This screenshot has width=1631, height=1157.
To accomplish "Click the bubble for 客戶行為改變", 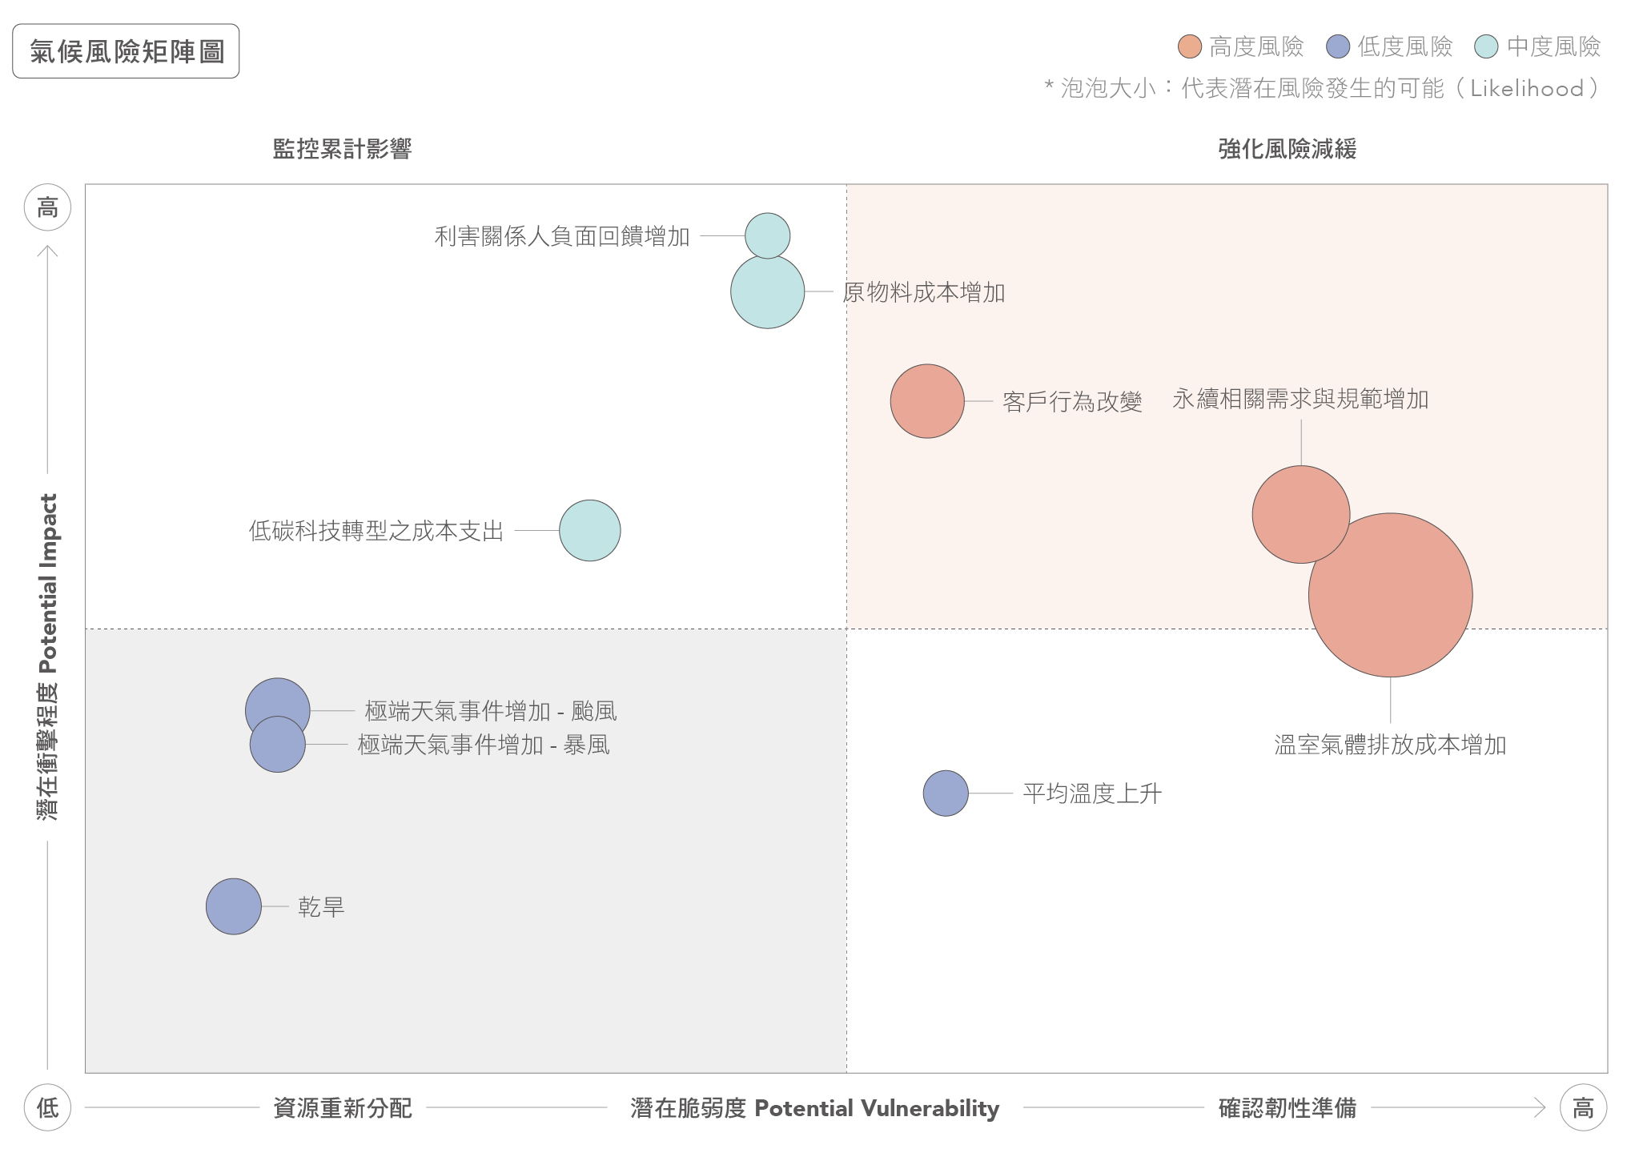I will point(926,401).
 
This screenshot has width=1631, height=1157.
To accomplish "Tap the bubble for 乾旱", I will point(233,906).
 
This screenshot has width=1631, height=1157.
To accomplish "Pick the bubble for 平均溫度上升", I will point(945,793).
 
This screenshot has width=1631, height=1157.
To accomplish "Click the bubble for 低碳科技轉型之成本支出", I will point(589,530).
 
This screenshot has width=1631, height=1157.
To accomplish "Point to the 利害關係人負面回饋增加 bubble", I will point(767,235).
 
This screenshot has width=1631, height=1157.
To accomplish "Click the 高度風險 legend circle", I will point(1189,46).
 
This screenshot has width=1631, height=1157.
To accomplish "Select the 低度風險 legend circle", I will point(1338,46).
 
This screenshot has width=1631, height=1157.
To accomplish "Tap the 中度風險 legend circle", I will point(1486,46).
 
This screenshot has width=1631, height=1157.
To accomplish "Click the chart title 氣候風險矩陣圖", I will point(127,51).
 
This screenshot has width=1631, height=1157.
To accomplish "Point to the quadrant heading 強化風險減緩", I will point(1287,149).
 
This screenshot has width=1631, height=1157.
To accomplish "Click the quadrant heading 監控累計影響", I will point(342,149).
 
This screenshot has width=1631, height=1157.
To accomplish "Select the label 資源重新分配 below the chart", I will point(343,1108).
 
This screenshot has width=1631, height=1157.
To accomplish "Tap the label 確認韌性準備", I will point(1287,1108).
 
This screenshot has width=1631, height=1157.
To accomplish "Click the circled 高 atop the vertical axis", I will point(48,208).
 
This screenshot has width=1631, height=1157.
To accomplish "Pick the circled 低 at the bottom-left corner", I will point(48,1108).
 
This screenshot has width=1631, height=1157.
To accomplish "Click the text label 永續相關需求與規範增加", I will point(1300,399).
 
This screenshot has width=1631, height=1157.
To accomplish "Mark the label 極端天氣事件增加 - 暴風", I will point(484,745).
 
